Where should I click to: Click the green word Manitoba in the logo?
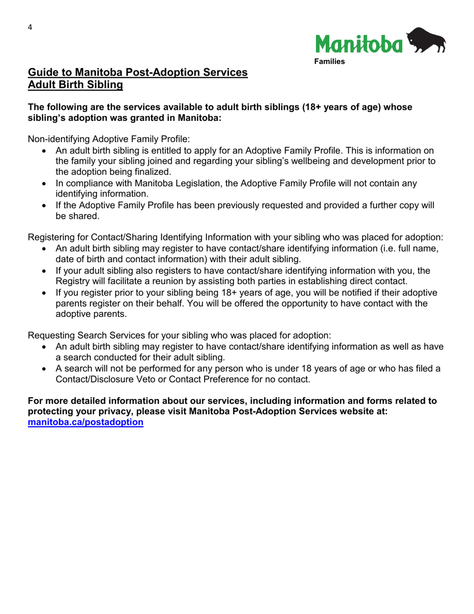tap(358, 44)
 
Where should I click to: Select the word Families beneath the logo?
tap(329, 62)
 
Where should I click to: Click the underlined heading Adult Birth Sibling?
tap(75, 85)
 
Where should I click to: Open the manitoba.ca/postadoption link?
tap(86, 422)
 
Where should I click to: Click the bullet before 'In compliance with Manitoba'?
tap(45, 184)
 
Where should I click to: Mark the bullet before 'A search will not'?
tap(45, 369)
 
